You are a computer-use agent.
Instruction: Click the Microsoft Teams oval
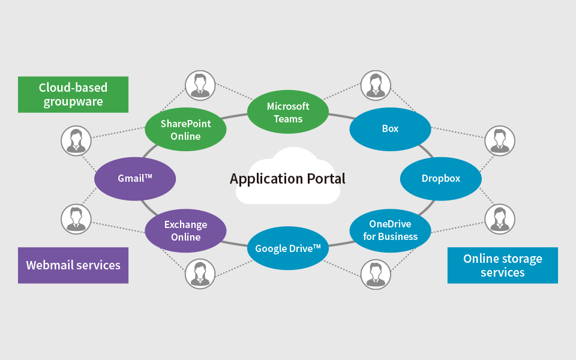click(x=288, y=112)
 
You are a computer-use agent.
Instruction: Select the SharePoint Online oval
click(x=185, y=130)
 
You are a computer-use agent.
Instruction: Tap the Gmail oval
click(x=135, y=179)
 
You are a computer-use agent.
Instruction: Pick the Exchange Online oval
click(x=185, y=231)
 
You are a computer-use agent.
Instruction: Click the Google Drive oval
click(x=288, y=248)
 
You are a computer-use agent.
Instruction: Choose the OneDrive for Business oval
click(x=390, y=230)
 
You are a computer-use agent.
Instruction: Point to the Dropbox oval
click(x=440, y=179)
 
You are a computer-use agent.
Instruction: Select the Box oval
click(x=390, y=128)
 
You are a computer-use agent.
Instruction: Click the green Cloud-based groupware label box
click(x=73, y=94)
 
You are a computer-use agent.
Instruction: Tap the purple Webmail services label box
click(x=73, y=265)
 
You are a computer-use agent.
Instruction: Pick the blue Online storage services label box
click(x=502, y=265)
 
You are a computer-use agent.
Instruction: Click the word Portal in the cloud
click(x=323, y=179)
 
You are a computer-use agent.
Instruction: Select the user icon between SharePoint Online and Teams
click(x=200, y=85)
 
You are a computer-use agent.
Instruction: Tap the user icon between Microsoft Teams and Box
click(x=376, y=85)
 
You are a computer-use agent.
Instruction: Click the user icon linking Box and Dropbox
click(x=499, y=140)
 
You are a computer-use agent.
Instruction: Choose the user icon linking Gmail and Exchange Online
click(x=76, y=219)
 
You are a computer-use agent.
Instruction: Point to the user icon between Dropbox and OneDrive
click(x=499, y=219)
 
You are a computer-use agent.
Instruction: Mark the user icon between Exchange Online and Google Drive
click(x=200, y=274)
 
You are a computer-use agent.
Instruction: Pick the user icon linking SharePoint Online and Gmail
click(x=76, y=140)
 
